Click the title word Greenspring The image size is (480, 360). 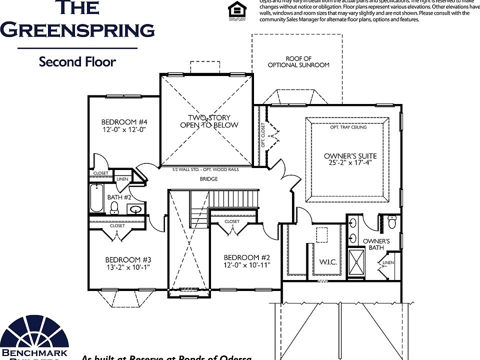pyautogui.click(x=77, y=30)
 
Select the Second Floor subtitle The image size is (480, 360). pyautogui.click(x=77, y=62)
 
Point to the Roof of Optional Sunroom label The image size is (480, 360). pyautogui.click(x=298, y=62)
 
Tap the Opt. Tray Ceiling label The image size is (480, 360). pyautogui.click(x=348, y=127)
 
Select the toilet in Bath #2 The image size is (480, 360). pyautogui.click(x=114, y=207)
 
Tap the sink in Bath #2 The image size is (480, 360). pyautogui.click(x=135, y=209)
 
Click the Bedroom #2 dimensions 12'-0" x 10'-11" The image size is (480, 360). pyautogui.click(x=247, y=265)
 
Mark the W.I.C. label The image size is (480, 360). pyautogui.click(x=327, y=261)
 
